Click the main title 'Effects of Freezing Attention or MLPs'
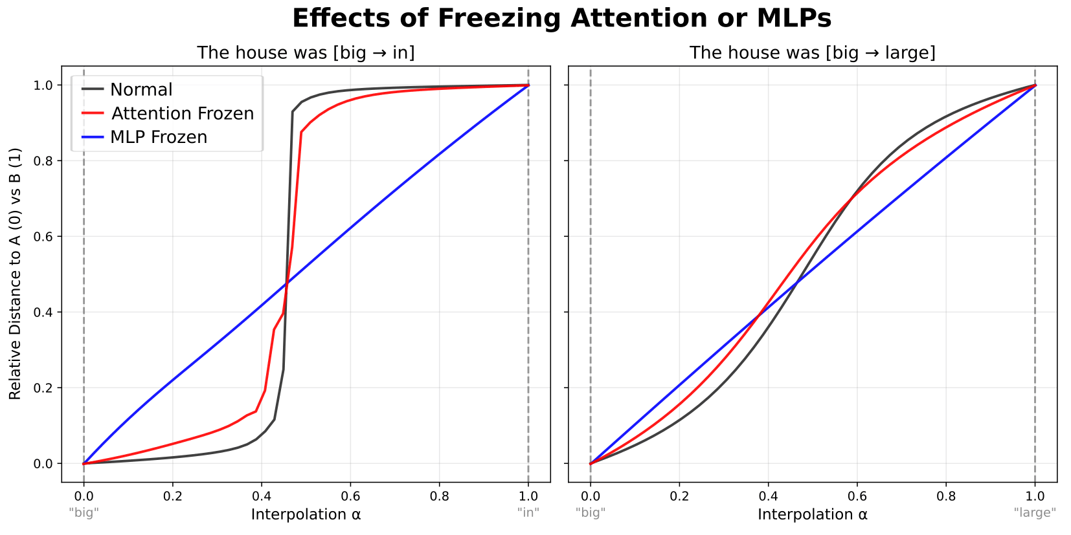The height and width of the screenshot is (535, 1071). tap(561, 18)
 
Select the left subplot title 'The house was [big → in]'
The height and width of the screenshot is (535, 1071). tap(306, 52)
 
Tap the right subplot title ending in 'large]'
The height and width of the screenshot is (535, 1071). tap(812, 52)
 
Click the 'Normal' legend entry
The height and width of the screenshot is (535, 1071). tap(141, 89)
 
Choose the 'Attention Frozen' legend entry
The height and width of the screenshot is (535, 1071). tap(182, 113)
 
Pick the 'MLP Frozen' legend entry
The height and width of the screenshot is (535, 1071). tap(159, 137)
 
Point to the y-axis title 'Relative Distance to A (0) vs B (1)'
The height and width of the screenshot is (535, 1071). tap(15, 274)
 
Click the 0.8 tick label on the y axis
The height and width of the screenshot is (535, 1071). tap(43, 161)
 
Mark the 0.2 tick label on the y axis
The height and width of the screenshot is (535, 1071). tap(43, 388)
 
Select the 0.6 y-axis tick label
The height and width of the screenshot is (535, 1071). tap(43, 237)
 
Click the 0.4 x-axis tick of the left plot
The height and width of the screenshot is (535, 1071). tap(262, 496)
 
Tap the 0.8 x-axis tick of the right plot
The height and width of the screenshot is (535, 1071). tap(946, 496)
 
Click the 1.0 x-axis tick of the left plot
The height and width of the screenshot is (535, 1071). tap(528, 496)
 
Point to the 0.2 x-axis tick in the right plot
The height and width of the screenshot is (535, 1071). tap(679, 496)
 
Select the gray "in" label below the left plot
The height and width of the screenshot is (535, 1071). tap(528, 512)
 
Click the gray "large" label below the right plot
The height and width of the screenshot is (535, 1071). tap(1035, 512)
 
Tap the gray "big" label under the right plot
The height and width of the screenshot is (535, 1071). tap(591, 512)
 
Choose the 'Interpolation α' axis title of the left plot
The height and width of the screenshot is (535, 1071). tap(306, 514)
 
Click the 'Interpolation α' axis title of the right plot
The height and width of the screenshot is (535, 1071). tap(812, 514)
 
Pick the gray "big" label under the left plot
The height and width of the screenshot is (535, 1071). tap(84, 512)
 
